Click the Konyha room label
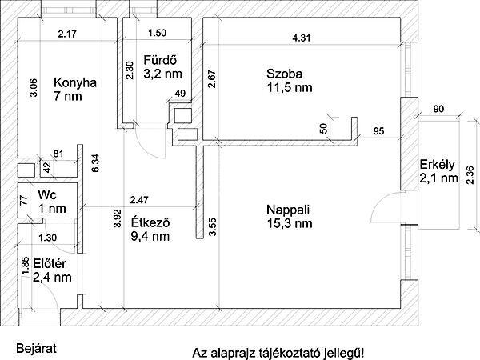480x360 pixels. [75, 82]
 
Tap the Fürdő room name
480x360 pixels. [160, 60]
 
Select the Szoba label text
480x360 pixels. [284, 74]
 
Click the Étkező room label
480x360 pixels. [150, 222]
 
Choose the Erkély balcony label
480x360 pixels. [437, 165]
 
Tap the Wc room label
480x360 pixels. [47, 194]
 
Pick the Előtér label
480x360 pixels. [50, 263]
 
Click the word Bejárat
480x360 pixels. [37, 348]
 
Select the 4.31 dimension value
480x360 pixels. [302, 38]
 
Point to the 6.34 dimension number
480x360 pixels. [95, 163]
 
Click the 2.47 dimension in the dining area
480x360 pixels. [139, 200]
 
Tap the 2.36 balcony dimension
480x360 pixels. [470, 175]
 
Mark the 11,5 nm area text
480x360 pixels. [290, 87]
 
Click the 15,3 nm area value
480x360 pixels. [290, 223]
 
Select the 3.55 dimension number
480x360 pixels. [212, 226]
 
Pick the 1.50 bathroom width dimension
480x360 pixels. [157, 33]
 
